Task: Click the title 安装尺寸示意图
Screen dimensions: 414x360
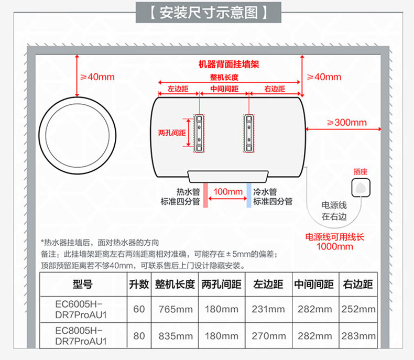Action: tap(209, 13)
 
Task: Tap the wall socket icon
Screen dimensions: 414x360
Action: tap(361, 188)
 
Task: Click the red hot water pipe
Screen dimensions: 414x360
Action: tap(205, 195)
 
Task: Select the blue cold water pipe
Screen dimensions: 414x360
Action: tap(249, 195)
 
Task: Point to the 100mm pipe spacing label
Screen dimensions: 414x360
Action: tap(228, 191)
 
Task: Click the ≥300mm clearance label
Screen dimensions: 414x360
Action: tap(347, 123)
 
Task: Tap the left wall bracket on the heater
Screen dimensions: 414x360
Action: tap(199, 133)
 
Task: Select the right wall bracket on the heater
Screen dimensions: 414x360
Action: tap(249, 133)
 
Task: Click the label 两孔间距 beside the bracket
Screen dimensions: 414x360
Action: tap(172, 133)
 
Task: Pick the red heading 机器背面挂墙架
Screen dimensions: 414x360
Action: tap(229, 64)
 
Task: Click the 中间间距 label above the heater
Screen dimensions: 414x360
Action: tap(224, 89)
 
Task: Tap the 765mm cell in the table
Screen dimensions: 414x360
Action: tap(176, 309)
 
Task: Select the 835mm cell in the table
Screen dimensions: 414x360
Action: tap(176, 336)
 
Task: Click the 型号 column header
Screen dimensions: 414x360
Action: tap(83, 284)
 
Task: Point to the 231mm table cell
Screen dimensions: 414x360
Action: tap(268, 309)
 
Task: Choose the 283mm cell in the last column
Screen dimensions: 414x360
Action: tap(358, 336)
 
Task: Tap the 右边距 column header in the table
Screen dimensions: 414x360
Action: tap(358, 284)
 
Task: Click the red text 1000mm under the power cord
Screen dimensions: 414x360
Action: tap(334, 246)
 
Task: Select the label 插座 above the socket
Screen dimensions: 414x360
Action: tap(361, 171)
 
